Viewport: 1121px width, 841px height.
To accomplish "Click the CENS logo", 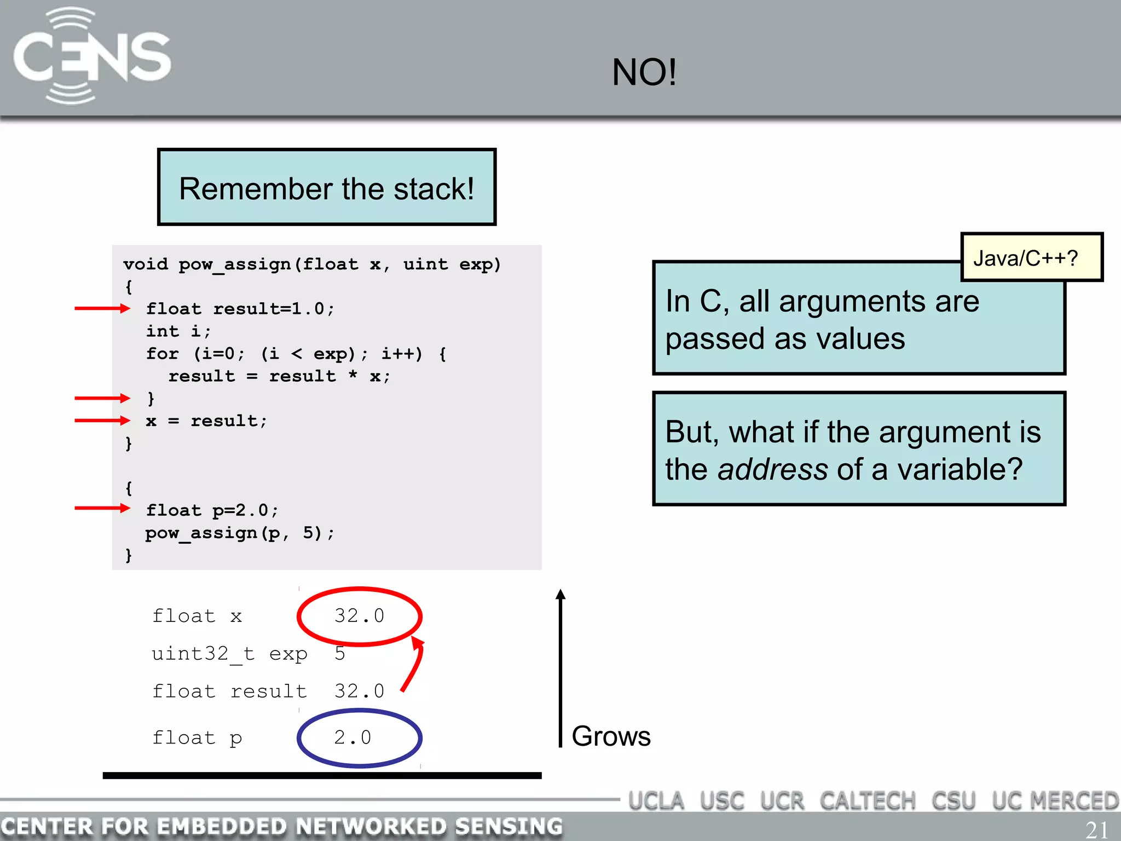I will click(x=91, y=56).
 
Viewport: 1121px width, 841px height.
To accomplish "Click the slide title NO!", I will click(x=644, y=72).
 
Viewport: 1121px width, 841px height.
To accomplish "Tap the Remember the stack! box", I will click(x=327, y=187).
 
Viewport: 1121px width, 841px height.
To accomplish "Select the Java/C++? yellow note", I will click(x=1031, y=257).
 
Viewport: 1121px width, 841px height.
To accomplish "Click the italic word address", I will click(x=772, y=470).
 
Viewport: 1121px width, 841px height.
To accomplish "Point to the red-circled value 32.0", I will click(x=360, y=616).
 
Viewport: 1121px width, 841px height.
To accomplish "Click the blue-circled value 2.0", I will click(x=353, y=738).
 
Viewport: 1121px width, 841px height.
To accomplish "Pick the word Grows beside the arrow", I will click(x=611, y=736).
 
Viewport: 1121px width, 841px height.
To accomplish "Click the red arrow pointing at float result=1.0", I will click(x=102, y=309).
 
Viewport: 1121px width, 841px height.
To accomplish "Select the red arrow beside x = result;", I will click(x=102, y=420).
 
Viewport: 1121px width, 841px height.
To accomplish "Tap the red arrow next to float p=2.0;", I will click(x=102, y=509).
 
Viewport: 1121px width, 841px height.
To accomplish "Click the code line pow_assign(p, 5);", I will click(x=239, y=533).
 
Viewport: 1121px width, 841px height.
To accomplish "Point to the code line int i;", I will click(x=178, y=331).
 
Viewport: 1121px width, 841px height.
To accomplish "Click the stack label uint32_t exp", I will click(x=229, y=654).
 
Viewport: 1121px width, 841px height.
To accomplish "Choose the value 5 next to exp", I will click(x=340, y=653).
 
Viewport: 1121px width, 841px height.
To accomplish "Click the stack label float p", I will click(x=197, y=738).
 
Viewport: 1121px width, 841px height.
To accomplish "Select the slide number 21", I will click(x=1096, y=830).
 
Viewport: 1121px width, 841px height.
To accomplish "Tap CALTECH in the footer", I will click(x=867, y=801).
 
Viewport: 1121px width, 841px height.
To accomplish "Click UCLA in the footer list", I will click(x=656, y=801).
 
